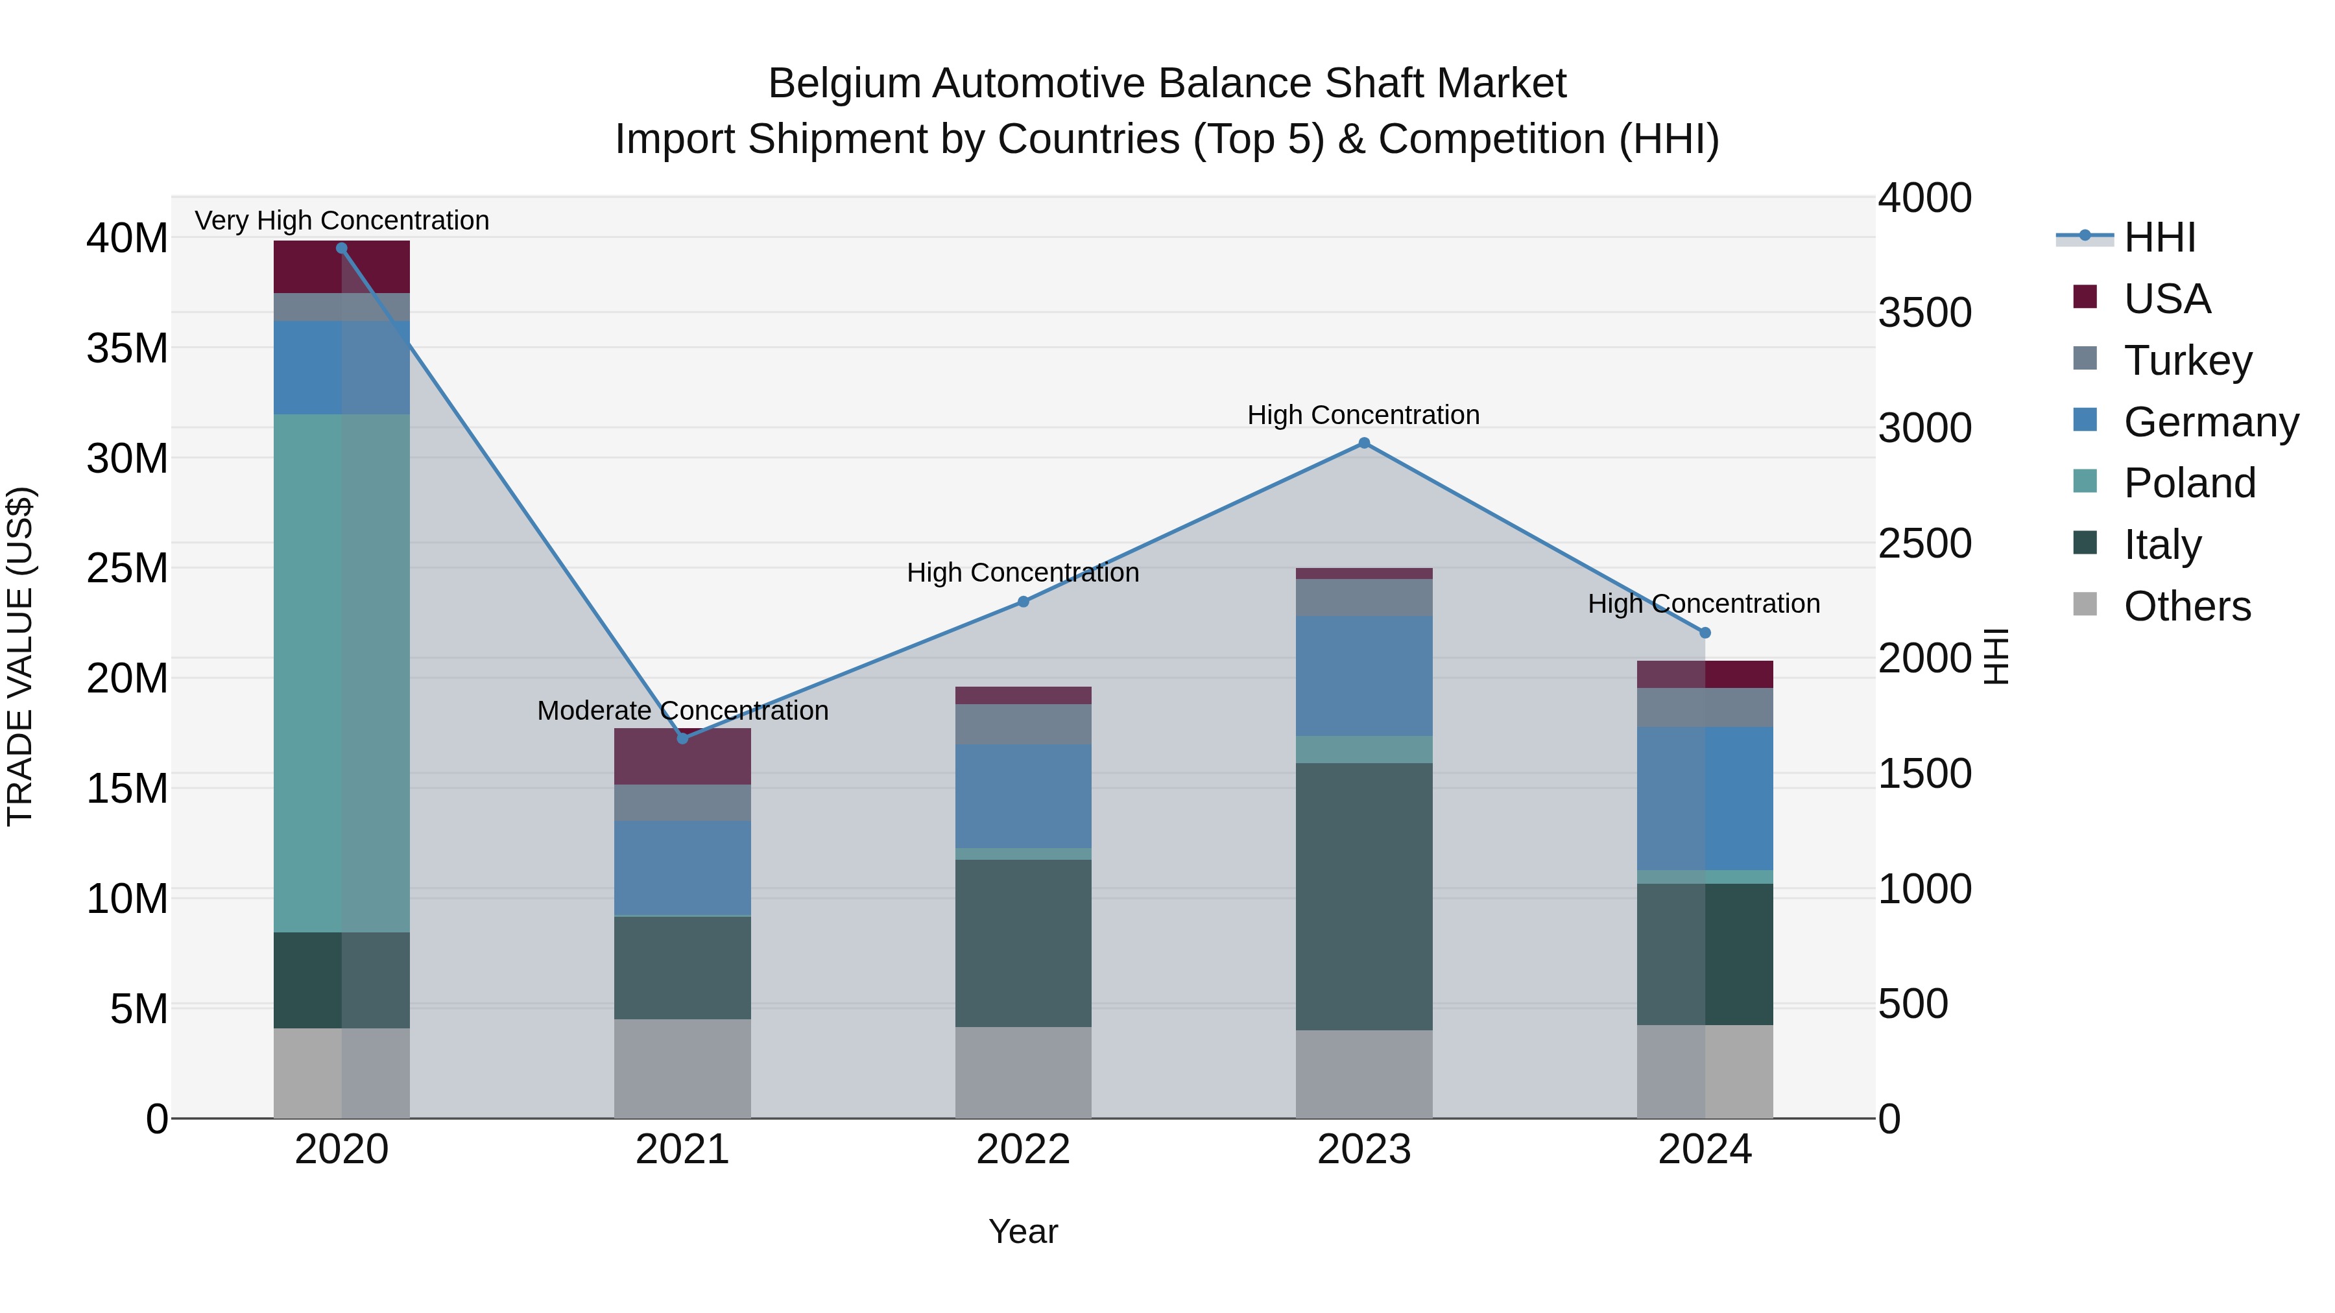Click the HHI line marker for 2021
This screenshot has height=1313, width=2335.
tap(682, 739)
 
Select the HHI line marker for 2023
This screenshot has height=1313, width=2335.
tap(1364, 443)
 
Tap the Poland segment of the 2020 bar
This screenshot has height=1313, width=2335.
tap(342, 672)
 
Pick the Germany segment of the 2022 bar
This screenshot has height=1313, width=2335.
tap(1024, 796)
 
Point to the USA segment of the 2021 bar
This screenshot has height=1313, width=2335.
tap(682, 757)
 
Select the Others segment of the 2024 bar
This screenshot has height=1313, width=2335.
tap(1705, 1071)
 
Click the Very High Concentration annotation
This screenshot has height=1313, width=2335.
tap(342, 220)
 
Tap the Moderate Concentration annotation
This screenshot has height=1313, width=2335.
tap(682, 711)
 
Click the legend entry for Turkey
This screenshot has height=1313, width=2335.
tap(2186, 360)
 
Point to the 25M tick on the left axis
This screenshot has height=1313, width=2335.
tap(127, 568)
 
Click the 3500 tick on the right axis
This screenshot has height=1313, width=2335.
tap(1924, 313)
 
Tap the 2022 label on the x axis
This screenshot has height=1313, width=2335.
tap(1024, 1150)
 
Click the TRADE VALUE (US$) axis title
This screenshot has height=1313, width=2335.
tap(21, 656)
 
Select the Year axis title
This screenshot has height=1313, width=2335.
tap(1024, 1231)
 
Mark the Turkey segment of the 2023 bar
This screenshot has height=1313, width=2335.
tap(1364, 597)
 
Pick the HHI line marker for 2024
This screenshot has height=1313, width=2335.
tap(1705, 632)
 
